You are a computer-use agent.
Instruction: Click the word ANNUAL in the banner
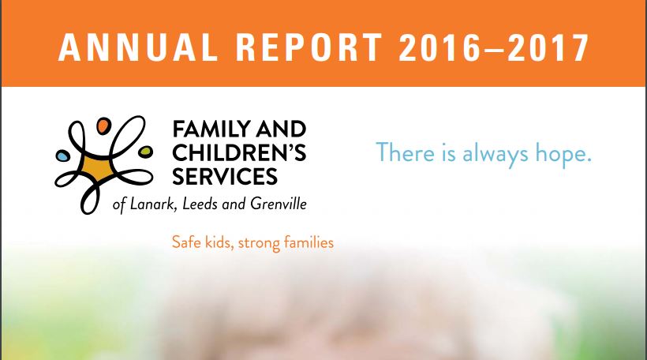(x=138, y=47)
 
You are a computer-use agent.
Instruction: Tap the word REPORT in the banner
(x=309, y=47)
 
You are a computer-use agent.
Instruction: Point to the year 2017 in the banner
(x=548, y=47)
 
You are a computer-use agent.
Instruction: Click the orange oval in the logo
(x=103, y=126)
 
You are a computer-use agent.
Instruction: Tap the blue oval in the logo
(x=62, y=156)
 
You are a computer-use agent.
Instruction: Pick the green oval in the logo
(x=145, y=152)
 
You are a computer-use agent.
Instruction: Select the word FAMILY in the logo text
(x=211, y=129)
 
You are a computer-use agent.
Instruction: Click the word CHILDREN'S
(x=239, y=152)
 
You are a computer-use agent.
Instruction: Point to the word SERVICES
(x=225, y=176)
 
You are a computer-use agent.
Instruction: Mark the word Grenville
(x=279, y=204)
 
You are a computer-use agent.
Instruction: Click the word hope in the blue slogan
(x=563, y=154)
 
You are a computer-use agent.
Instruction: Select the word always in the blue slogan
(x=496, y=154)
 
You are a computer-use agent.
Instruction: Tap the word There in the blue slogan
(x=406, y=152)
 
